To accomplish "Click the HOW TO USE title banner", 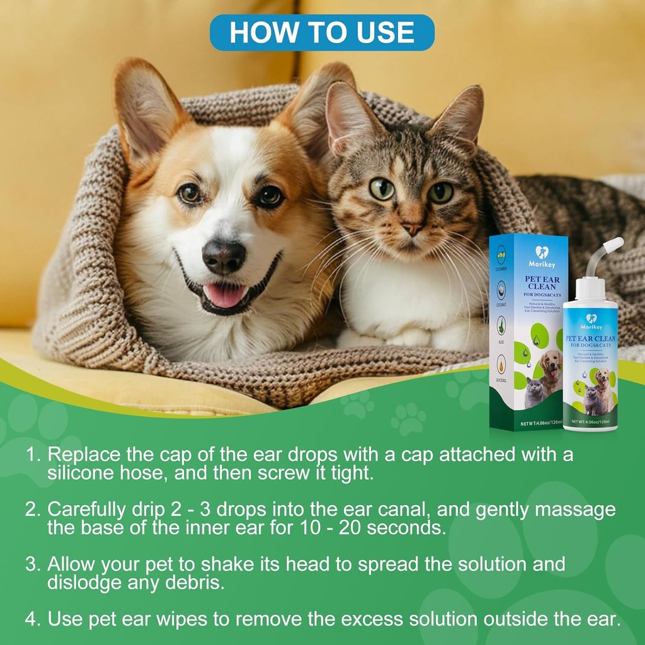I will pos(322,33).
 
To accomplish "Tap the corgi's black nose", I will pos(224,257).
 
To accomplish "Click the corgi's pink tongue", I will pos(225,295).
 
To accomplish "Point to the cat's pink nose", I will pos(412,229).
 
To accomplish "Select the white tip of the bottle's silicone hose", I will pos(614,244).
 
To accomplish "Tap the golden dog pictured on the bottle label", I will pos(603,386).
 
